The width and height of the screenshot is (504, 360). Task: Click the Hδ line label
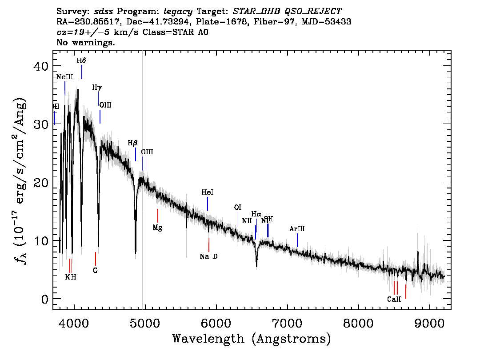pos(81,60)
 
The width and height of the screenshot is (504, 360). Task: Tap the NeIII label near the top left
pos(64,77)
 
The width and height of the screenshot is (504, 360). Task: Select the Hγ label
pos(97,88)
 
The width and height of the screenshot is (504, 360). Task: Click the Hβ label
pos(132,143)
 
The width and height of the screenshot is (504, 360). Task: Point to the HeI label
pos(208,192)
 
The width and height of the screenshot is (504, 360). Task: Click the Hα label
pos(256,214)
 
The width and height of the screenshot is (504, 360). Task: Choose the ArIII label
pos(297,228)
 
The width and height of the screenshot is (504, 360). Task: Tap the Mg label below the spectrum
pos(157,228)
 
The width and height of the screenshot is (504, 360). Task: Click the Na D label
pos(209,256)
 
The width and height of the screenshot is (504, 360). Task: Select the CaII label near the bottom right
pos(394,299)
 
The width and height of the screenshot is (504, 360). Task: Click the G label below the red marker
pos(95,270)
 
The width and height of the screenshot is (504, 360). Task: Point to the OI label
pos(238,208)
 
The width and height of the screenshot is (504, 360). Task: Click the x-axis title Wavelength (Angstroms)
pos(252,339)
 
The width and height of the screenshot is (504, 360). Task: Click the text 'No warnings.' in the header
pos(86,43)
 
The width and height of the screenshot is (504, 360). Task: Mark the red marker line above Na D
pos(209,245)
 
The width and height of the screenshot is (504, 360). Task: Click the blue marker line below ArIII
pos(297,240)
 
